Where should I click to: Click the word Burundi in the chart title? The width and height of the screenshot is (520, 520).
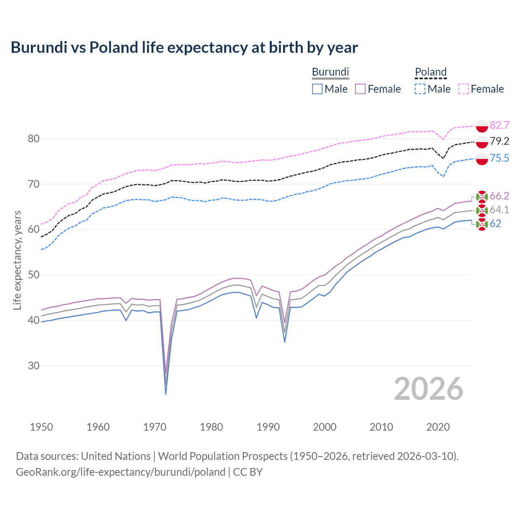click(x=39, y=48)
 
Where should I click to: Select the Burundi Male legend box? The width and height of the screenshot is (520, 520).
click(x=317, y=89)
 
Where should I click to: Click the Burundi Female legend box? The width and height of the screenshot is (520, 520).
click(x=360, y=89)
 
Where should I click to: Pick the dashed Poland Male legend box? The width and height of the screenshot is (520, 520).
click(x=420, y=89)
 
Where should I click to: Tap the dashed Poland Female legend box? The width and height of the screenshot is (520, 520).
click(x=464, y=89)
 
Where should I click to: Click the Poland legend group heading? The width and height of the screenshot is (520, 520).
click(x=431, y=72)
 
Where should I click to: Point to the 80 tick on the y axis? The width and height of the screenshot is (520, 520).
click(x=34, y=139)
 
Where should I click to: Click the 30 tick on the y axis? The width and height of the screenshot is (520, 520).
click(x=34, y=366)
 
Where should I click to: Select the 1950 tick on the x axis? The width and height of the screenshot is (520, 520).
click(x=41, y=427)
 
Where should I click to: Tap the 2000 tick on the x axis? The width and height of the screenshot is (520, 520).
click(x=325, y=427)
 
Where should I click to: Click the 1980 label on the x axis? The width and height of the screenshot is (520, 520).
click(x=211, y=427)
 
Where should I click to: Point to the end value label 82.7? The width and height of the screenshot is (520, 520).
click(x=499, y=125)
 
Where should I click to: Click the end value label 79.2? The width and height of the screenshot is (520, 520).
click(x=499, y=141)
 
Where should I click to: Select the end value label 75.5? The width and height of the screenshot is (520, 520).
click(x=499, y=158)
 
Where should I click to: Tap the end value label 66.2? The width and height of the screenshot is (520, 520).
click(x=499, y=196)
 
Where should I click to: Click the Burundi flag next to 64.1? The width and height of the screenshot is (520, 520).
click(x=482, y=210)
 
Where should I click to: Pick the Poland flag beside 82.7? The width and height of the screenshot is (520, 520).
click(x=482, y=126)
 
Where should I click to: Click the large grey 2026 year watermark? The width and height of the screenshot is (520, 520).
click(x=428, y=389)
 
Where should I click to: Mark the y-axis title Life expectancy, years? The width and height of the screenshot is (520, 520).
click(x=17, y=260)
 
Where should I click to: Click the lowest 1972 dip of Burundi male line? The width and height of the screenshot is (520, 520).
click(x=166, y=394)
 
